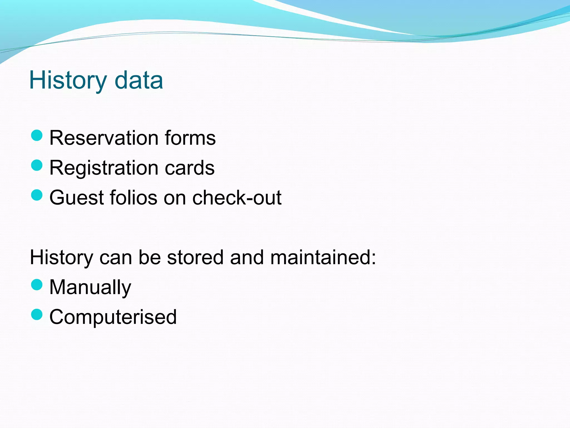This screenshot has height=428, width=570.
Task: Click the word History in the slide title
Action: [68, 81]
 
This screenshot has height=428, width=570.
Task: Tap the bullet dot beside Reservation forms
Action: [37, 136]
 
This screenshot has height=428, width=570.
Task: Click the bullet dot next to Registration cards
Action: [37, 166]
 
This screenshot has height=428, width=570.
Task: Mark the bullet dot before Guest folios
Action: [37, 195]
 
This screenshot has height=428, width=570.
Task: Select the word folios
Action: [134, 198]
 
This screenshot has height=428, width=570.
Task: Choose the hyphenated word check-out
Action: [237, 198]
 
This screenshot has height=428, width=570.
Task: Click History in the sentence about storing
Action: [61, 257]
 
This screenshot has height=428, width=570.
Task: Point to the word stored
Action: [195, 257]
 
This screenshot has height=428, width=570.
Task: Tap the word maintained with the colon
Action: [323, 257]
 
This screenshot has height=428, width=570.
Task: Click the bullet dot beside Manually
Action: [37, 285]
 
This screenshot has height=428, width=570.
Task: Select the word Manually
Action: [90, 288]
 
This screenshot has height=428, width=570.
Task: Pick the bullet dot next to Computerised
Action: [37, 315]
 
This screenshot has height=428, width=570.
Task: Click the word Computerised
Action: [113, 317]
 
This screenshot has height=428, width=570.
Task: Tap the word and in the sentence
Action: [247, 257]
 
